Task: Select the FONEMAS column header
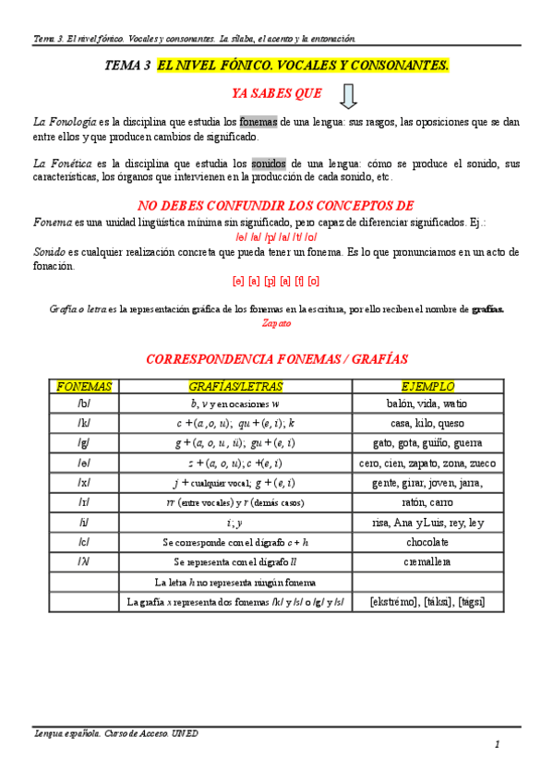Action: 84,386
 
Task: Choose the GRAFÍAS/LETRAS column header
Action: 235,386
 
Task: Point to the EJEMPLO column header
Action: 427,386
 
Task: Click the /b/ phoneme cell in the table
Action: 84,404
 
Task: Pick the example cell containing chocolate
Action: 427,542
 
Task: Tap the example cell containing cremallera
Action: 427,561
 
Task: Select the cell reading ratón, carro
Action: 427,502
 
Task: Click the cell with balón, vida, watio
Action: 427,404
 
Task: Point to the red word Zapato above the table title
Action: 276,323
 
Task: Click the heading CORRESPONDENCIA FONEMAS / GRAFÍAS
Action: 277,358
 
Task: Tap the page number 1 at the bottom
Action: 497,744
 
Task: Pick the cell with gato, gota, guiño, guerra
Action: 427,443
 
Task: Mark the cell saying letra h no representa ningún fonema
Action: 235,582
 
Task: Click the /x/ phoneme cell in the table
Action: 84,483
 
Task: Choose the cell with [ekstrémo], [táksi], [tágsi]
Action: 427,602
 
